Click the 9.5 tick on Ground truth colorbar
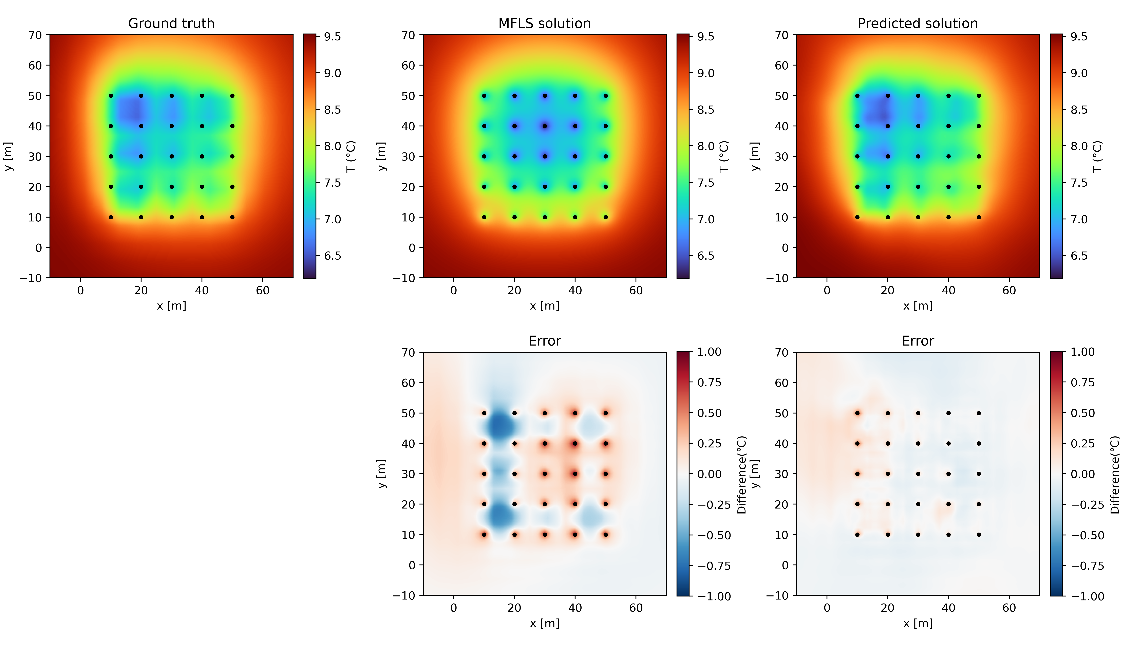click(332, 36)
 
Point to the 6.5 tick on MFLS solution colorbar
click(705, 256)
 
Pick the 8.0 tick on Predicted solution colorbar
click(1079, 146)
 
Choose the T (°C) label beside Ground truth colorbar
click(351, 156)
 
